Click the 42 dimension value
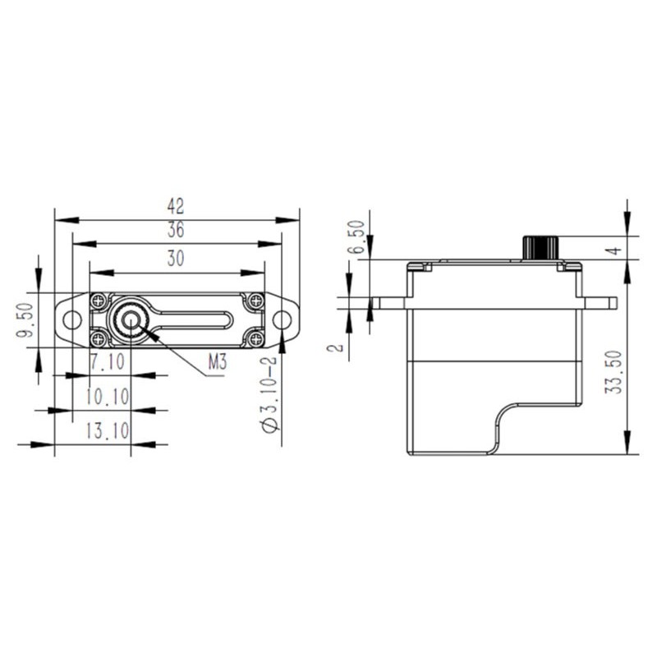[x=176, y=206]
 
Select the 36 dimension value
[x=176, y=230]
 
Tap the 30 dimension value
[x=176, y=258]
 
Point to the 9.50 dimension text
[x=25, y=320]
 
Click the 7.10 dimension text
[x=108, y=361]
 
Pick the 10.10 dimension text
[x=108, y=397]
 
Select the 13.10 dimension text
[x=108, y=430]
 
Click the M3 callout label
[x=218, y=361]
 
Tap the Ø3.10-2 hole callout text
[x=269, y=394]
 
